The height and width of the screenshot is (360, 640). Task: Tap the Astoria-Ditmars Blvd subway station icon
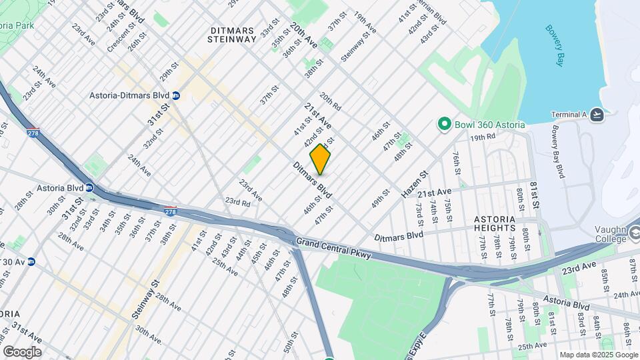tap(176, 95)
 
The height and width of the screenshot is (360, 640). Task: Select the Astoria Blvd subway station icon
tap(89, 188)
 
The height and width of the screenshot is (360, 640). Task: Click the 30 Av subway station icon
tap(31, 261)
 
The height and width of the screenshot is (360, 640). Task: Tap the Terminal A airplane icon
tap(597, 115)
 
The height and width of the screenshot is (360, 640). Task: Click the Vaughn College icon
tap(634, 233)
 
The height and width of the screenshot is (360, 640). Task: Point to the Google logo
tap(22, 352)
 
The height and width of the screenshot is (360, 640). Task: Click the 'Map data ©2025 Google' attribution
tap(599, 355)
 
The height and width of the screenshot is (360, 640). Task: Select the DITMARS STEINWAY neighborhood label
tap(232, 35)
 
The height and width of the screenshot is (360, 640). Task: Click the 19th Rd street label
tap(483, 137)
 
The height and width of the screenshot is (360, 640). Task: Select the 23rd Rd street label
tap(237, 201)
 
